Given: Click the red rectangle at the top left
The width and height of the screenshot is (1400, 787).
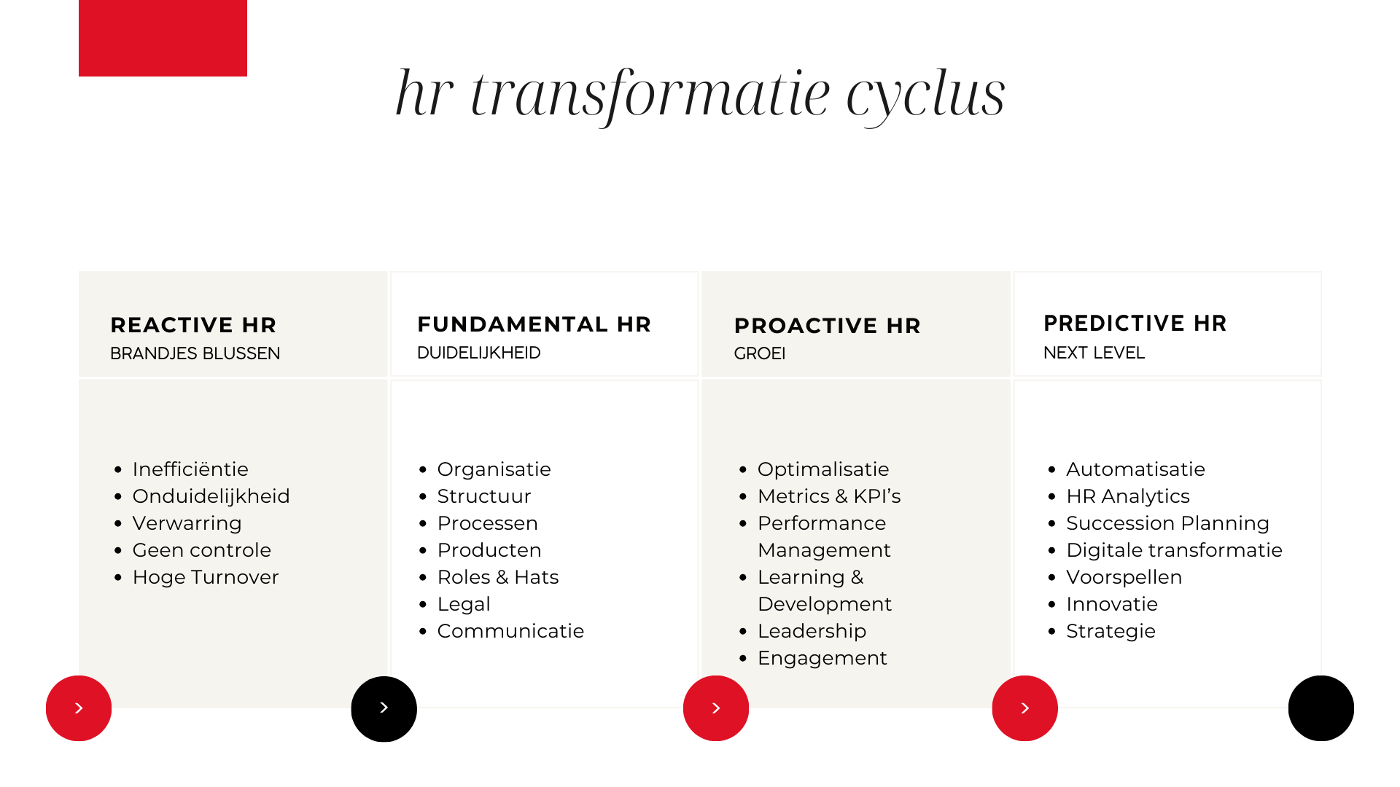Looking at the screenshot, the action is coord(163,38).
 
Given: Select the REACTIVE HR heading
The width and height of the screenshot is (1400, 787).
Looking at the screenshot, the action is coord(193,325).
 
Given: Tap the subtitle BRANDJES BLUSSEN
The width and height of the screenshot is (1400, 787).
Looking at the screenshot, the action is coord(195,353).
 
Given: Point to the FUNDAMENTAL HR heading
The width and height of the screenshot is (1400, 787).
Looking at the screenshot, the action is coord(534,324).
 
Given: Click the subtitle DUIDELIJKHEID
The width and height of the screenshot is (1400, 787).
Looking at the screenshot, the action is coord(478,353).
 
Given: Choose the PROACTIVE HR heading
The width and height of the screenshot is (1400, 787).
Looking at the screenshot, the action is coord(827,326).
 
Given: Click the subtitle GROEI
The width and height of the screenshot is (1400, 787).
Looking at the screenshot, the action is coord(759,353).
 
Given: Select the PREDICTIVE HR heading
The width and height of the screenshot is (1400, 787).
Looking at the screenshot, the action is coord(1135,324).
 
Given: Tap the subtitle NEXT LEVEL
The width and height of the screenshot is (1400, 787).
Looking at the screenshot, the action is coord(1094,353).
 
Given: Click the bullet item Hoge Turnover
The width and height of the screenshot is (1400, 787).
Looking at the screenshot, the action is coord(206,577).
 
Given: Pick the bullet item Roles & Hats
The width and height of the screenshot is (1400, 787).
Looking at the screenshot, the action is coord(498,577).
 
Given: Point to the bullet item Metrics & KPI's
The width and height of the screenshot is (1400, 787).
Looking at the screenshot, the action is coord(829,496).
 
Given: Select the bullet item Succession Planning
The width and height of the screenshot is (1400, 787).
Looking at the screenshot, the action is coord(1167,523).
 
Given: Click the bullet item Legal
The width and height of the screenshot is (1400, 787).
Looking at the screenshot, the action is coord(464,605).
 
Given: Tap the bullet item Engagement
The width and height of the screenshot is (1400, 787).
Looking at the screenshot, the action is coord(822,659).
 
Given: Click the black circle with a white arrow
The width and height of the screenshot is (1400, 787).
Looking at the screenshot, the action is coord(384,708).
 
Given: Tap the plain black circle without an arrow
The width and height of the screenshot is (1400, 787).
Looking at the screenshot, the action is coord(1321,708).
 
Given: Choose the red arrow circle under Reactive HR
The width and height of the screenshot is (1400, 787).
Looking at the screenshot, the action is coord(79,708).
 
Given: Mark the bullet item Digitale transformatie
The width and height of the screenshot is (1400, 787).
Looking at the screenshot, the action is coord(1174,550).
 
